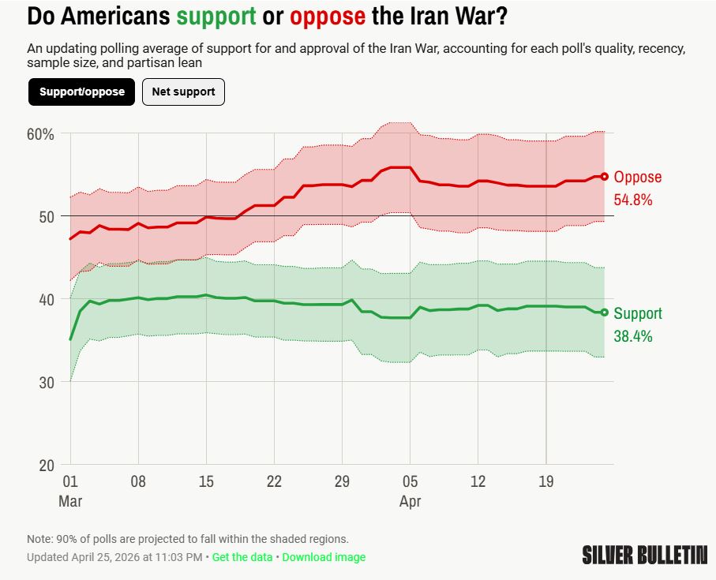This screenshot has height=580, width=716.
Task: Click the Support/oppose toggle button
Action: click(82, 92)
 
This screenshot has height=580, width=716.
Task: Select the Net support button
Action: click(183, 92)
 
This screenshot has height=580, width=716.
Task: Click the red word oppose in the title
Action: click(328, 16)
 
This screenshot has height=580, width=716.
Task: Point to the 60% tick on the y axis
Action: click(40, 134)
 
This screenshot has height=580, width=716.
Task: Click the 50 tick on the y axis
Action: click(47, 217)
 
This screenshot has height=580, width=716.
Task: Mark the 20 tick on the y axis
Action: click(47, 465)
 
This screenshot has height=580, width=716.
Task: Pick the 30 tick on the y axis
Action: click(47, 382)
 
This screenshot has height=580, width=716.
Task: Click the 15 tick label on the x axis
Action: click(206, 482)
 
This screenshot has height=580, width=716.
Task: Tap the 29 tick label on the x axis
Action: click(342, 482)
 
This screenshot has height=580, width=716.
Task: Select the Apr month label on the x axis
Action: click(410, 501)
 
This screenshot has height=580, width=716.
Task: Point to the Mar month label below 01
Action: click(70, 501)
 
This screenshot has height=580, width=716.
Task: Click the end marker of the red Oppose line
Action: click(605, 177)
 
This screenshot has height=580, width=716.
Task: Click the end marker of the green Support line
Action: click(605, 312)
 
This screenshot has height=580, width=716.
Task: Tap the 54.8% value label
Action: click(633, 200)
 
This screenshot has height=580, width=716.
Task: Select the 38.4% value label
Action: click(633, 336)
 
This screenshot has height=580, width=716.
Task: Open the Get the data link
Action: click(242, 557)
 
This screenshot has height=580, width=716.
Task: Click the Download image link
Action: click(324, 557)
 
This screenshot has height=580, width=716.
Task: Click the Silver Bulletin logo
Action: click(644, 555)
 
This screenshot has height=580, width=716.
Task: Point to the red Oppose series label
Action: click(637, 178)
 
